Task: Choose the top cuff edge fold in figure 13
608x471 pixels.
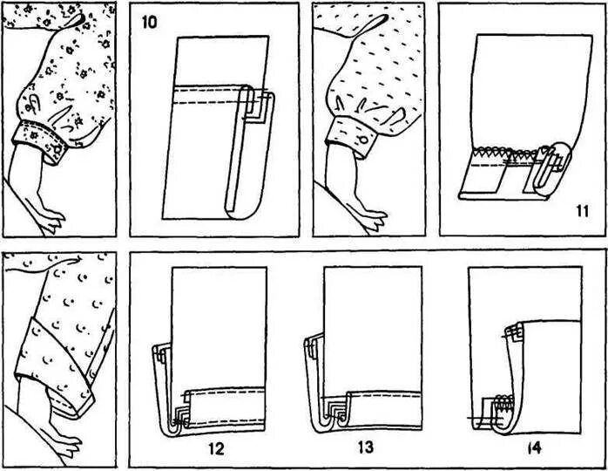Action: pos(310,346)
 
